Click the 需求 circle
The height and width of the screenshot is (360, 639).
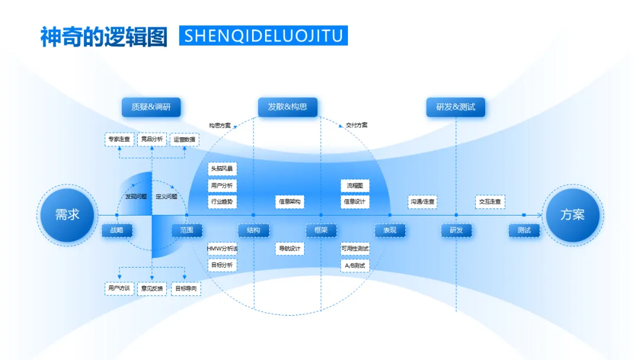coord(67,215)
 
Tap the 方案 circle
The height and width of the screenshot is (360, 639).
coord(572,215)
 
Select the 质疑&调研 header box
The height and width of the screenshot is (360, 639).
coord(151,107)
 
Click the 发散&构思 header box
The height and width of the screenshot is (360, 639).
coord(288,107)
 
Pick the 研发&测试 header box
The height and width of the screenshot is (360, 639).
coord(456,107)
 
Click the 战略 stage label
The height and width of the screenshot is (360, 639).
coord(117,230)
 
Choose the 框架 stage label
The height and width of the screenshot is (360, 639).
coord(321,230)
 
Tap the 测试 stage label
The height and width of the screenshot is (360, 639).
coord(524,230)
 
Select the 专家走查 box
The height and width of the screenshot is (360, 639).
coord(120,139)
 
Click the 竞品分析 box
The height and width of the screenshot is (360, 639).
coord(151,139)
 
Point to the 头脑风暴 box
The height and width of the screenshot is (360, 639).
coord(222,169)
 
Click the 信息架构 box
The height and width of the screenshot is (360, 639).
coord(289,202)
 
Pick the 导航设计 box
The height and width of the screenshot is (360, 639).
coord(289,249)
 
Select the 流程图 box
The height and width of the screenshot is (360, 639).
coord(355,185)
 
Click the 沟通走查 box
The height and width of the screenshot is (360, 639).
coord(422,202)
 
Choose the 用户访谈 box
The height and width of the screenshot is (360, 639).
coord(119,288)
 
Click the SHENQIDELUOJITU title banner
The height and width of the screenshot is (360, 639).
coord(263,36)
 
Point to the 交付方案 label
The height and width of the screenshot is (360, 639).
coord(356,125)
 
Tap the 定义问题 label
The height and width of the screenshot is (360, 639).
coord(166,196)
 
